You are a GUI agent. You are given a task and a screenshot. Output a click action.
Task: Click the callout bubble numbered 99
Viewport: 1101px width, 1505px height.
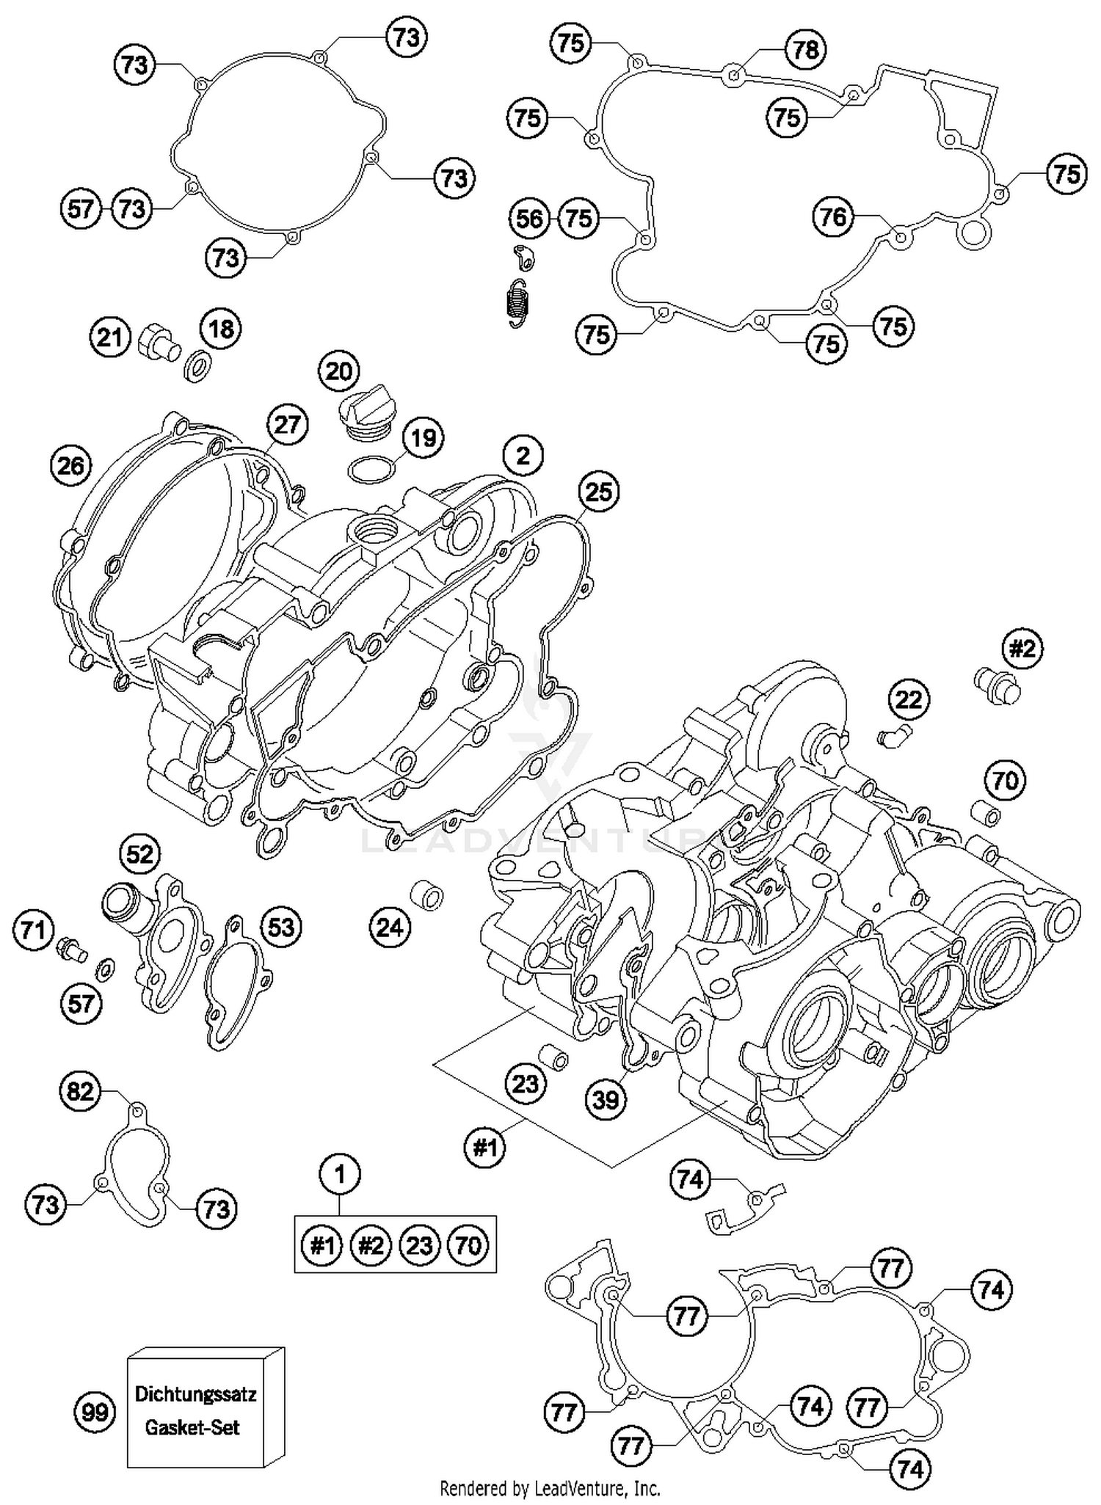point(95,1412)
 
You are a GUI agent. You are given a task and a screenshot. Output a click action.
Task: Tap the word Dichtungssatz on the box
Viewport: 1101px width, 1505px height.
point(195,1393)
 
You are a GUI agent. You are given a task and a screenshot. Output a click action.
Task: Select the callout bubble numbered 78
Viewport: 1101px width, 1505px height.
point(805,49)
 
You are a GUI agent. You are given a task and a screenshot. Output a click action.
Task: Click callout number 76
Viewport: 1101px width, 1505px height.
point(834,216)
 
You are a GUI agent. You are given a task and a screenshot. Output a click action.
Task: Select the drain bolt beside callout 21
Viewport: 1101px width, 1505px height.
point(157,341)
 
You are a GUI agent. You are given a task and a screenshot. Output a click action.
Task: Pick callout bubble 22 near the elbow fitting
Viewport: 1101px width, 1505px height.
point(908,699)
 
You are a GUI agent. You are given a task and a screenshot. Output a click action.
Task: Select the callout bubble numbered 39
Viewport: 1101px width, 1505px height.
point(606,1098)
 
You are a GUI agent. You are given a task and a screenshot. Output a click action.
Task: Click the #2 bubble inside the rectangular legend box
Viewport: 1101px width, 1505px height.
point(371,1245)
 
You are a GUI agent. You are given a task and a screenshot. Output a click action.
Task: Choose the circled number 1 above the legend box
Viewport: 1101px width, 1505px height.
point(339,1175)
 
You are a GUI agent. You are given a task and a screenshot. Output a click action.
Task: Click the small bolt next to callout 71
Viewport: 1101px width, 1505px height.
point(71,949)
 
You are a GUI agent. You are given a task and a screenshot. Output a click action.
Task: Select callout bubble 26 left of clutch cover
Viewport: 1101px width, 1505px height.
point(71,465)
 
